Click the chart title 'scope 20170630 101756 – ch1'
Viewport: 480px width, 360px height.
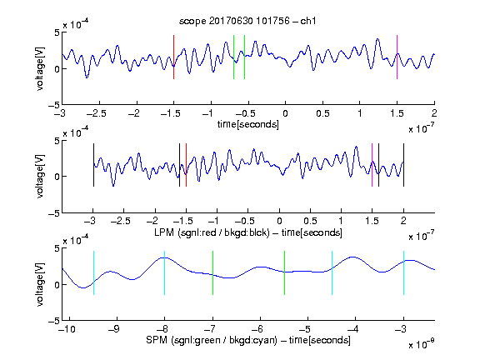(247, 21)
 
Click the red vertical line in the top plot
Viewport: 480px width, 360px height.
(174, 57)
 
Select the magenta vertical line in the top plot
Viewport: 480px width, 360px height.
(397, 57)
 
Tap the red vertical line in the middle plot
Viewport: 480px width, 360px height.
(186, 165)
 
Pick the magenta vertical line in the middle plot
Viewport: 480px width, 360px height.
(372, 165)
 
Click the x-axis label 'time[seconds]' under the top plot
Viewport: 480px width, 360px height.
(248, 124)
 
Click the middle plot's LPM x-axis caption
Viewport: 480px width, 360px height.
(248, 232)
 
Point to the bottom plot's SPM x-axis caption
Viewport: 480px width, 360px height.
(248, 340)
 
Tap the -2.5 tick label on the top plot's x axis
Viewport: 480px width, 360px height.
(96, 113)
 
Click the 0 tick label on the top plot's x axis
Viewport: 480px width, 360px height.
(285, 113)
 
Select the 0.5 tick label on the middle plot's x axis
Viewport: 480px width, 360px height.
(310, 221)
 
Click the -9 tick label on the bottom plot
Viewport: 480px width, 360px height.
(114, 329)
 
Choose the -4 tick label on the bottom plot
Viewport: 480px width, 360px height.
(353, 329)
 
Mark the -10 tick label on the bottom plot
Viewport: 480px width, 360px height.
(67, 329)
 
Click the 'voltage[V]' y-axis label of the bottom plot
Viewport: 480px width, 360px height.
(40, 284)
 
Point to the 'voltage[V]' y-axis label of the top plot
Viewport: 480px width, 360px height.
(40, 68)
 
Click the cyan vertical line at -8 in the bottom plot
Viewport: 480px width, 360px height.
(165, 272)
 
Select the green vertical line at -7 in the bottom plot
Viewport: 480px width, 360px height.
(212, 272)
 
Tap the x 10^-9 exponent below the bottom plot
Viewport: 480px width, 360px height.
(422, 345)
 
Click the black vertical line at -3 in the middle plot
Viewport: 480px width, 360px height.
(93, 165)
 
